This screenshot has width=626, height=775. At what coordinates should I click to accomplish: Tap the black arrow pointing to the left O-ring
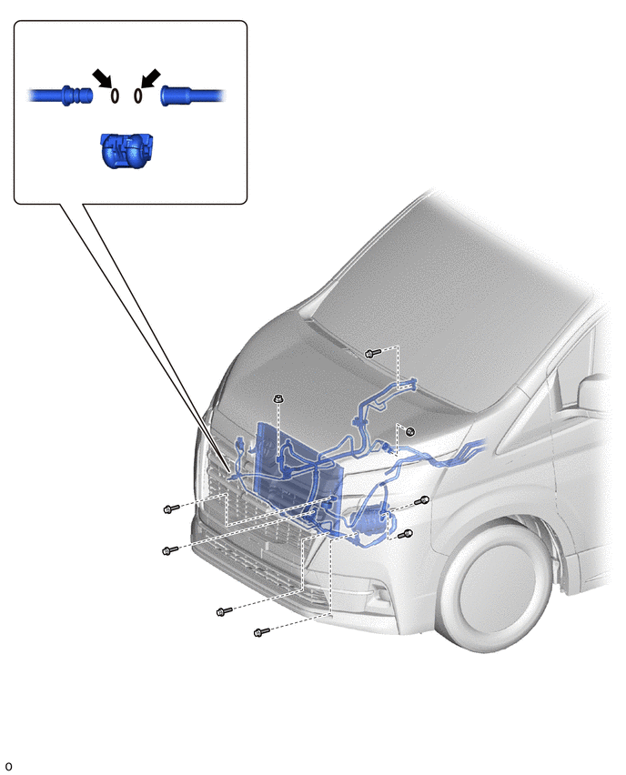[102, 78]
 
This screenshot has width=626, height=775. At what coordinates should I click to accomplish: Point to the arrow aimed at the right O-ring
[151, 78]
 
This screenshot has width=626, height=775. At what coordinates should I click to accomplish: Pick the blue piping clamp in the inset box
[126, 150]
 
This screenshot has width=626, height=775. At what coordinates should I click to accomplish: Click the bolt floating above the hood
[372, 354]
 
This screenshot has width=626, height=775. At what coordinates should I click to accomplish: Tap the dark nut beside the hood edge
[410, 431]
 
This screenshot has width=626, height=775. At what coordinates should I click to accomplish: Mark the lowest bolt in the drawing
[261, 632]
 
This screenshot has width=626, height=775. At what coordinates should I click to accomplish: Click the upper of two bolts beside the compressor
[422, 500]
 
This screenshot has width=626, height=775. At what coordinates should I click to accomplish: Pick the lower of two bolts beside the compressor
[406, 534]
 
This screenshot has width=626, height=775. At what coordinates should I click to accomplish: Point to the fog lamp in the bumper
[379, 592]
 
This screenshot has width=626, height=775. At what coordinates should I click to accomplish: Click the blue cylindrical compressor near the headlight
[369, 523]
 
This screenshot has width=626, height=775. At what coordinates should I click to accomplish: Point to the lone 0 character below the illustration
[8, 767]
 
